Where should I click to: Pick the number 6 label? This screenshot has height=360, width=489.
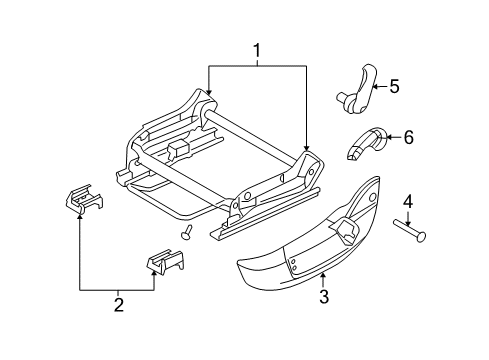pos(407,138)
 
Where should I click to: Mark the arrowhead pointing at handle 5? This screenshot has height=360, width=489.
pos(373,88)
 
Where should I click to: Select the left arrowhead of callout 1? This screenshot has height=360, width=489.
pos(208,96)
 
